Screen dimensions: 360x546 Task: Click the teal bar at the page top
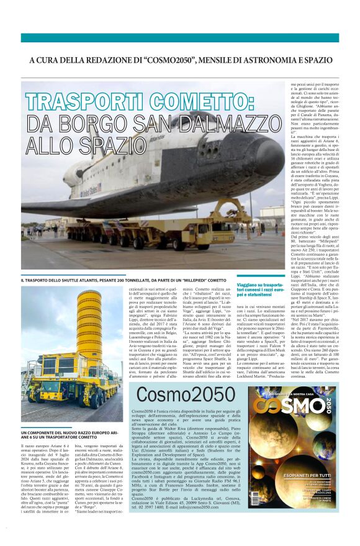[180, 37]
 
